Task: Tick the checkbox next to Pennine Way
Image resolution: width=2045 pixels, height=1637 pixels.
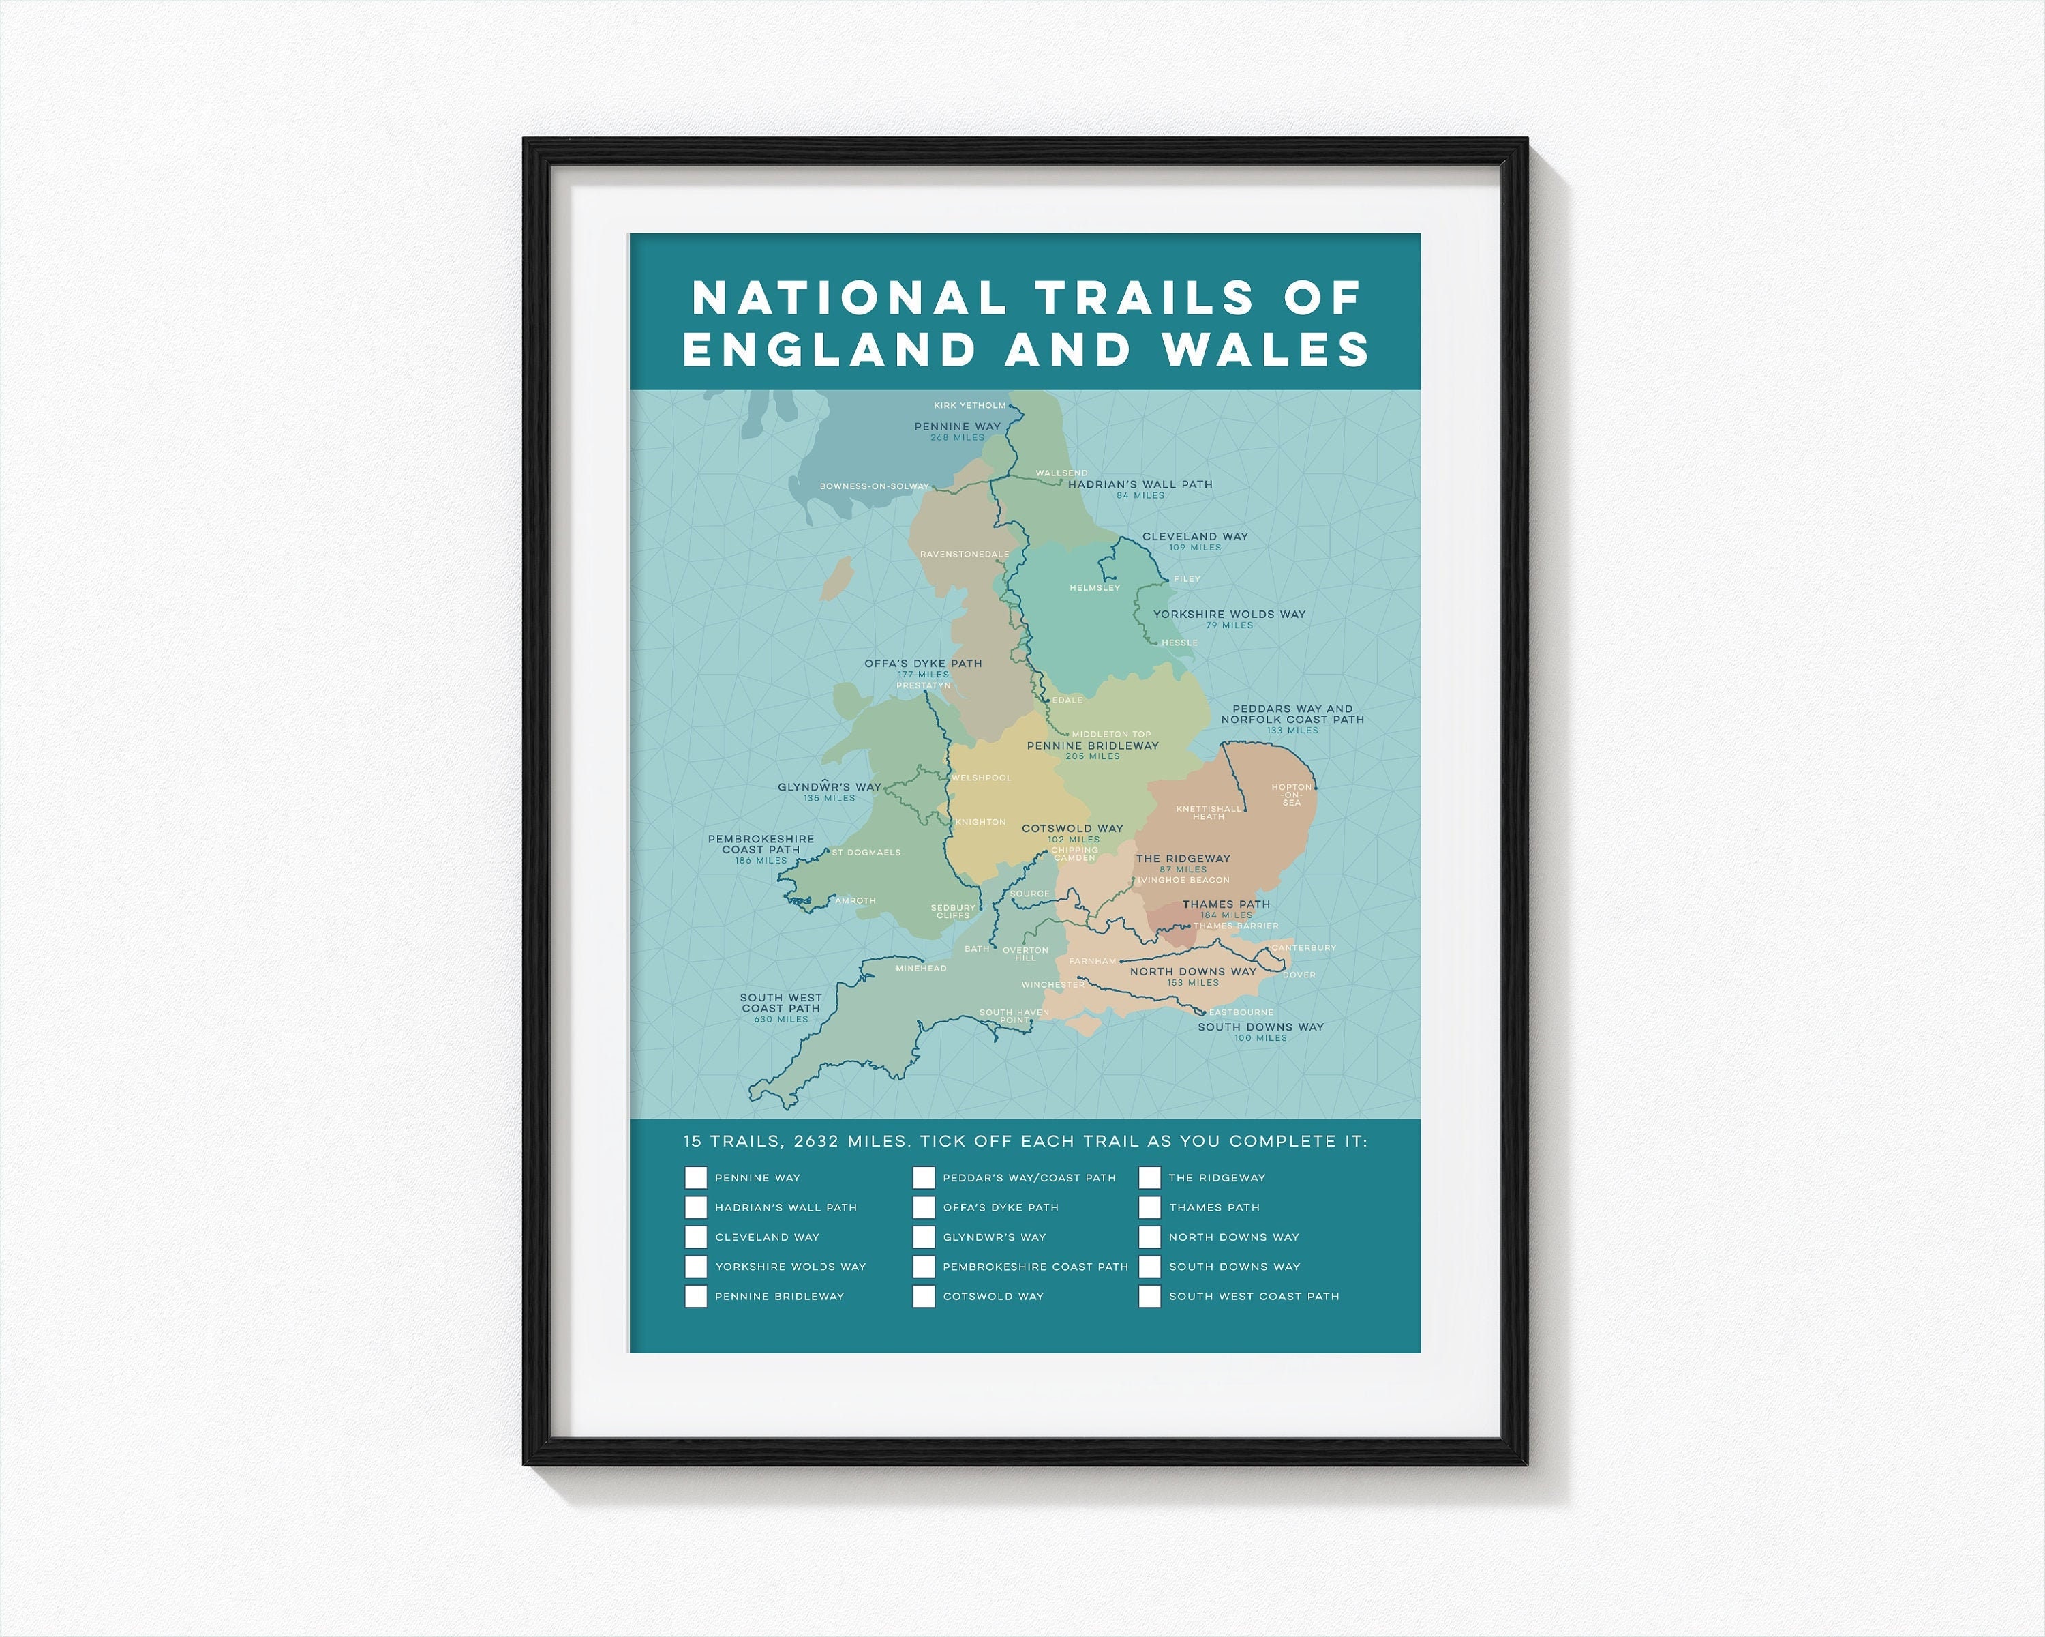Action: point(695,1178)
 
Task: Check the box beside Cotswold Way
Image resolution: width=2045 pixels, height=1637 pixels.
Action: point(923,1297)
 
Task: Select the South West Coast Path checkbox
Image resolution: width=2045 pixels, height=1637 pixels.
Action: point(1149,1297)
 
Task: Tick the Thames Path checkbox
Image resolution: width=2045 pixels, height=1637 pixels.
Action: point(1149,1207)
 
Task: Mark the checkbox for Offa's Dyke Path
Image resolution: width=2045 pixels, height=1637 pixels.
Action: point(923,1207)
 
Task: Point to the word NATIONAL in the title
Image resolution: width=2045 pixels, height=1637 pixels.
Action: point(850,298)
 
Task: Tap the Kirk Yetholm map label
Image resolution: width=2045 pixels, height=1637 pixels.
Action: point(969,405)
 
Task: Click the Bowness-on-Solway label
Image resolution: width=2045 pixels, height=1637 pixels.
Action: point(874,487)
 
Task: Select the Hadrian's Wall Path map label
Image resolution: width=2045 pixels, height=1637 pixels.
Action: point(1140,484)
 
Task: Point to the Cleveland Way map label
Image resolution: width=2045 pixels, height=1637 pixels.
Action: point(1195,536)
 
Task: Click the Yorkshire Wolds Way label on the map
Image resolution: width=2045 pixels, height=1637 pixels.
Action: point(1229,614)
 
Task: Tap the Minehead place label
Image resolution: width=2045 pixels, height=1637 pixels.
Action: point(921,968)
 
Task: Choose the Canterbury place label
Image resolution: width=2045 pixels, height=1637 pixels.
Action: point(1303,947)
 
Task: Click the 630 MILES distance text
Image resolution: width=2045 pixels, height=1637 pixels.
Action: point(781,1019)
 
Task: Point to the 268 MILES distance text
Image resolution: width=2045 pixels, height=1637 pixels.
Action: point(957,437)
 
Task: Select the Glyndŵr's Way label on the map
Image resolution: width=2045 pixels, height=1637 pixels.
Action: point(829,786)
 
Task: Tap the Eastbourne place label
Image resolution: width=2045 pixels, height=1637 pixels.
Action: point(1241,1013)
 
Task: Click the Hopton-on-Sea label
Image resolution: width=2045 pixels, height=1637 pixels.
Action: point(1292,795)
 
